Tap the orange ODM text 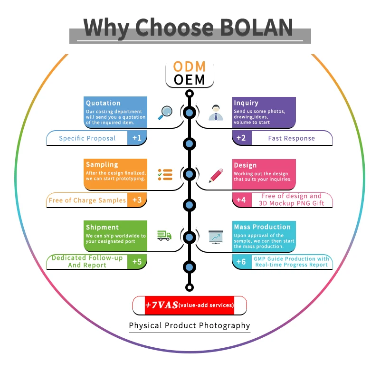click(190, 67)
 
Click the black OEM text click(190, 79)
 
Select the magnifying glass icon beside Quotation click(165, 112)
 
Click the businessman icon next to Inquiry click(216, 113)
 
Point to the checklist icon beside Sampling click(165, 174)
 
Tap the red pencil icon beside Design click(216, 175)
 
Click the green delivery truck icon click(164, 235)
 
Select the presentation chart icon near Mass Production click(216, 236)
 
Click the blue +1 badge click(137, 138)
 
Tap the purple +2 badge click(241, 138)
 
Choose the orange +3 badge click(137, 200)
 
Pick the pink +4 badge click(241, 200)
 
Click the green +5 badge click(137, 262)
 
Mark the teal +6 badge click(241, 262)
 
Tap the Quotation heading click(103, 103)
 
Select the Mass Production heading click(262, 227)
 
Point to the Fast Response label click(291, 138)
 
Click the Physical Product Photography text click(190, 325)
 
